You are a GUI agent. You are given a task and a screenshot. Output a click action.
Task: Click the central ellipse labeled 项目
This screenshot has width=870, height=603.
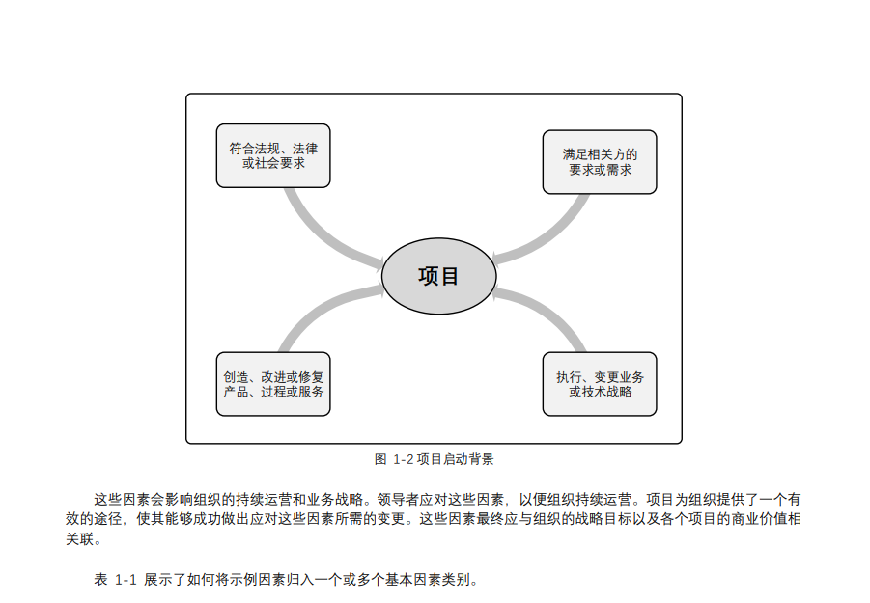pos(438,276)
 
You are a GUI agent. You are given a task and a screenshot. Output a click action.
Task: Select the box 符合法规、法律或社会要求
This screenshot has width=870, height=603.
pos(273,155)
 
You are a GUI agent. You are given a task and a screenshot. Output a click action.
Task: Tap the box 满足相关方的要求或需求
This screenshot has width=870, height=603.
pos(600,161)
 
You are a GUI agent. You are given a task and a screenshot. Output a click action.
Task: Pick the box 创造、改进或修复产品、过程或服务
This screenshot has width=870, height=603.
pos(273,384)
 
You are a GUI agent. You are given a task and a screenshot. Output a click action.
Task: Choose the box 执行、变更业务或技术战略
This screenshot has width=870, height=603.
pos(600,384)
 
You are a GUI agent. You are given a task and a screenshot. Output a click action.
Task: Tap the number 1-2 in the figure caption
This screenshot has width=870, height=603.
pos(404,459)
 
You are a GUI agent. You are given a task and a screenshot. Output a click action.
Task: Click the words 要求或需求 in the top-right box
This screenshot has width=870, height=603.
pos(600,170)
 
